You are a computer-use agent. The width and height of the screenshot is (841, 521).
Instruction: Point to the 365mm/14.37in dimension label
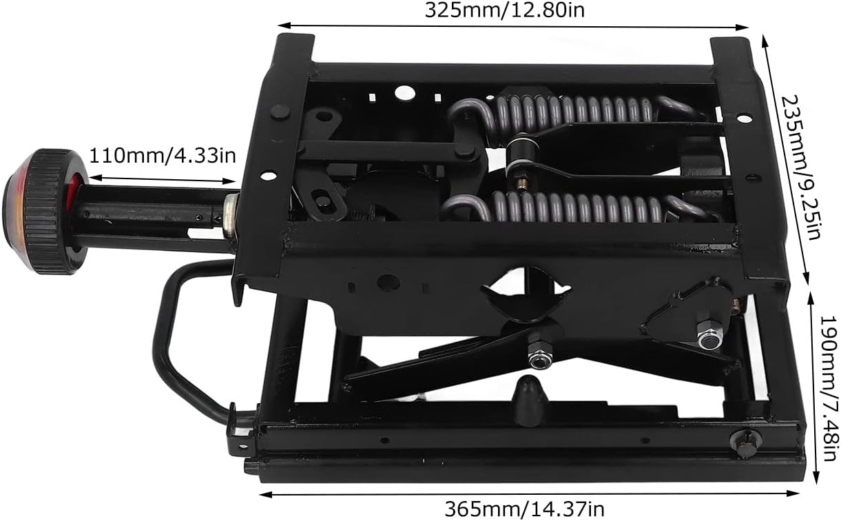click(x=523, y=509)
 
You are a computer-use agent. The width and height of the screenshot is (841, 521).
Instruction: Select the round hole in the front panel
click(x=388, y=283)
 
